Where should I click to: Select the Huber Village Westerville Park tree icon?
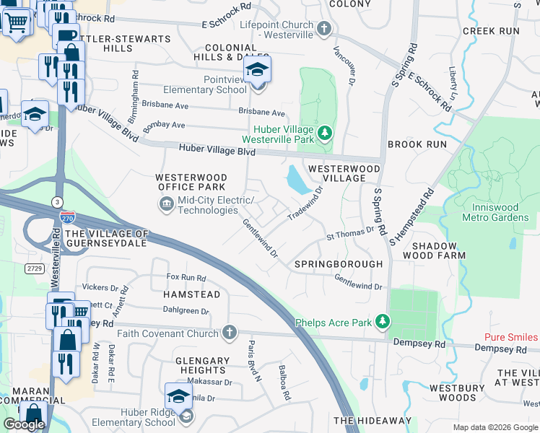(325, 133)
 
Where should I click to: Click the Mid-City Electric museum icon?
(167, 205)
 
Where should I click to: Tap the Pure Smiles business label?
(511, 337)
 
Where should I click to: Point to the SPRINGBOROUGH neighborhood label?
(339, 264)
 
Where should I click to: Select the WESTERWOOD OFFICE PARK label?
(191, 183)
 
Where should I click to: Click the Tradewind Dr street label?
(305, 205)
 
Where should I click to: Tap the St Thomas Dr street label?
(350, 233)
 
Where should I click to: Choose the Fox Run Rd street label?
(186, 277)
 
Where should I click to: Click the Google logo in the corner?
(24, 424)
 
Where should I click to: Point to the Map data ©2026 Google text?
(495, 427)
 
